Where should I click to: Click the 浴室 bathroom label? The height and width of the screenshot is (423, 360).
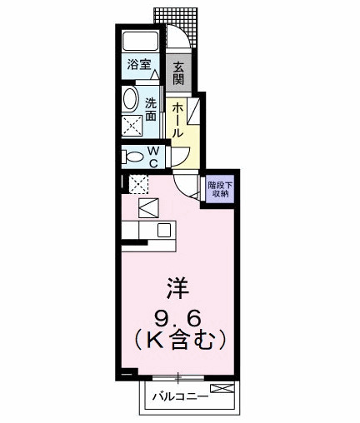point(137,63)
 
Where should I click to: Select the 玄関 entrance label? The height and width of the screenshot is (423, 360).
point(177,72)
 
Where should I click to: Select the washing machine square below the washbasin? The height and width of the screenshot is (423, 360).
point(132,127)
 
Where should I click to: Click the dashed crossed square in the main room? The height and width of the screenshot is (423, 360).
point(138,184)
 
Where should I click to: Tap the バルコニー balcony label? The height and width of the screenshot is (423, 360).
point(181,396)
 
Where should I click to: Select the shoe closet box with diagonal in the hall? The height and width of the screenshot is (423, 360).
point(192,112)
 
